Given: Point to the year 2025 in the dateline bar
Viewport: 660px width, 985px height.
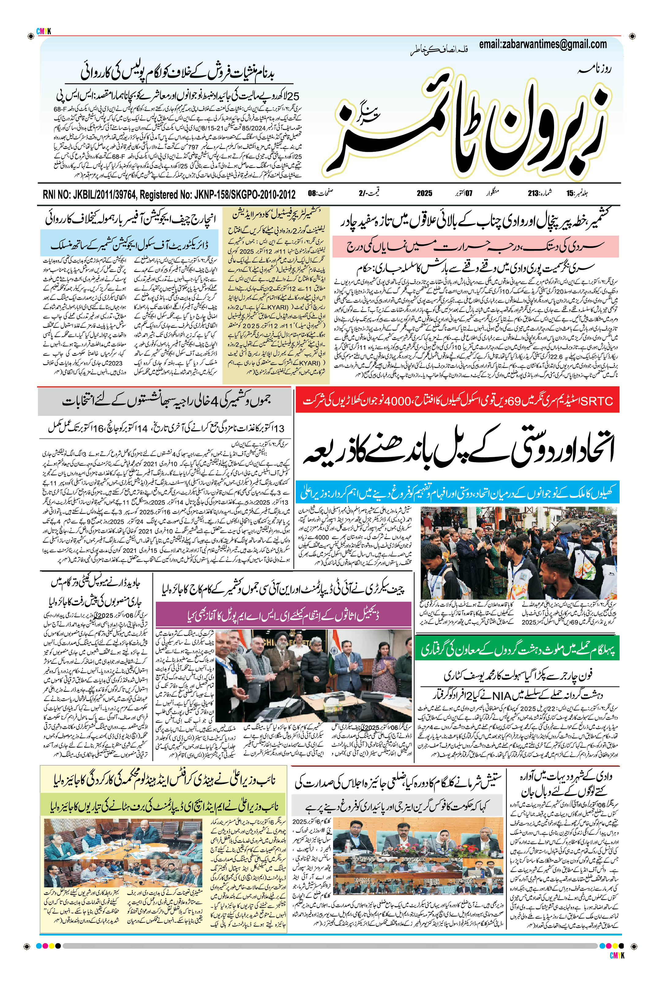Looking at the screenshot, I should [x=424, y=194].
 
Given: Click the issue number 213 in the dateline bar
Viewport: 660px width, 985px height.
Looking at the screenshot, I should [x=534, y=194].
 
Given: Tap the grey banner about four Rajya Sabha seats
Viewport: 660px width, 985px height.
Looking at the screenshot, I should [x=164, y=401].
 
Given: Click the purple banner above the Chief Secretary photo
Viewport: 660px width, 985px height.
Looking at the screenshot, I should [x=283, y=615].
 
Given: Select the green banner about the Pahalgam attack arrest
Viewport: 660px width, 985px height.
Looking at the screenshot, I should [x=517, y=651].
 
